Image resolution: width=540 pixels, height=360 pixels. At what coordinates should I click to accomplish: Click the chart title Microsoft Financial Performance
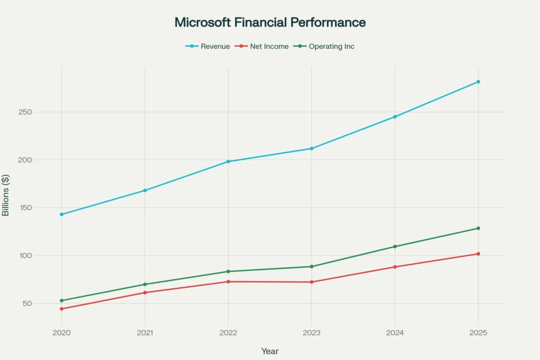click(x=270, y=23)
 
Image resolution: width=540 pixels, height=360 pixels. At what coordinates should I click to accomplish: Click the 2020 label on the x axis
click(x=62, y=333)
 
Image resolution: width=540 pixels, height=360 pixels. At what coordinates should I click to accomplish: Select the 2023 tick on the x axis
click(x=312, y=333)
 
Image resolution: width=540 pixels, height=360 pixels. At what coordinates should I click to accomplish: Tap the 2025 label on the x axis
click(x=478, y=333)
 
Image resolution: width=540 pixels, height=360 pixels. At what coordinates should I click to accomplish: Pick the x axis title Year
click(x=270, y=351)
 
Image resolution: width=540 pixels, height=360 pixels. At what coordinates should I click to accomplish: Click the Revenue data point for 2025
click(x=478, y=82)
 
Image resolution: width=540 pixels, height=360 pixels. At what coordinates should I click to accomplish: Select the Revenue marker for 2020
click(x=62, y=215)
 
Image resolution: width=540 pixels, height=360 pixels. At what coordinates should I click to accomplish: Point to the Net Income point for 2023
click(x=312, y=282)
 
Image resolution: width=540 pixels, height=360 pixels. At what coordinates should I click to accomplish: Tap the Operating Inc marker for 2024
click(x=395, y=247)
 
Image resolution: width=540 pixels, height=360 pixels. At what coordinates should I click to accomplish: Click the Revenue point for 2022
click(x=228, y=161)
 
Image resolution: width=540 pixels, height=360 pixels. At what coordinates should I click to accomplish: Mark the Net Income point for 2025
click(x=478, y=254)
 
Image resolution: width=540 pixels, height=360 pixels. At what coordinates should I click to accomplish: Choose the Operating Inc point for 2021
click(x=145, y=285)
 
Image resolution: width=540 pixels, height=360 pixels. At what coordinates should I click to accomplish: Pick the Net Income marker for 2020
click(x=62, y=309)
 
